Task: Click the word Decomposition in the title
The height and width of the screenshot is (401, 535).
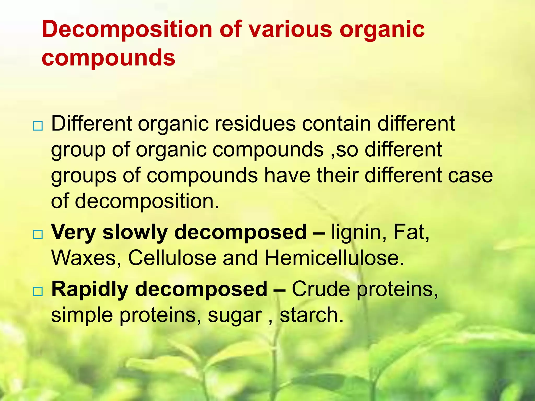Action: (127, 29)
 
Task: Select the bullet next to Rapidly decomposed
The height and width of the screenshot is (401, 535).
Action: (38, 292)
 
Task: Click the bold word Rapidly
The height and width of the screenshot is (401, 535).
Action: (90, 289)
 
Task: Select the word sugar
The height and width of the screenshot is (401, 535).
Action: (235, 315)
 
